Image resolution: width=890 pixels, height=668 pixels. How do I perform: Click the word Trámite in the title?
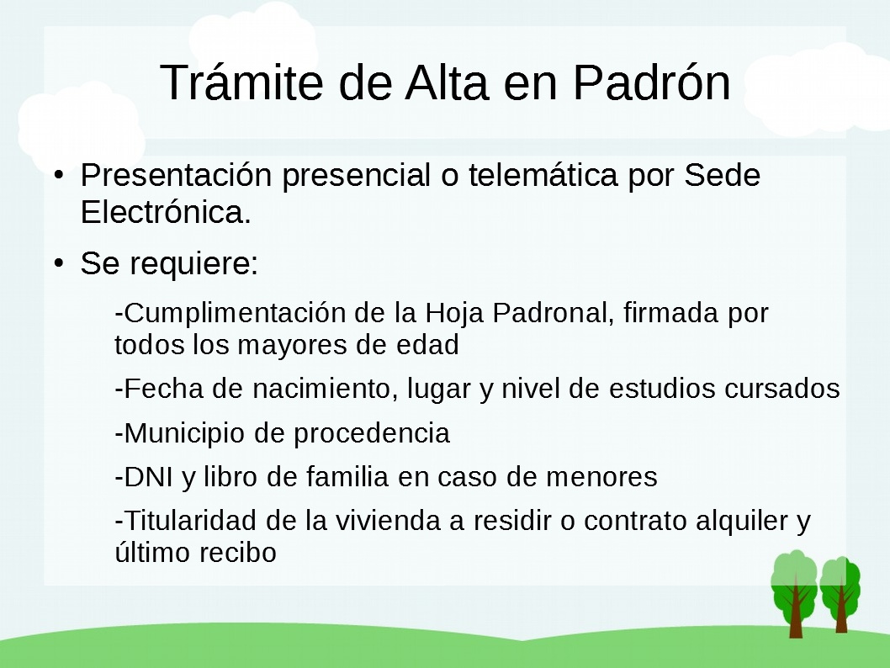[241, 82]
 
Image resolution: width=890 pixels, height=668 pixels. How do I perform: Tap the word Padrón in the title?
[652, 82]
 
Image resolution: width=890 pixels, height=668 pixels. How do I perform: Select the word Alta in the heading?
[446, 82]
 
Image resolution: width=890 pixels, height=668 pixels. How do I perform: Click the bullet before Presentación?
[58, 174]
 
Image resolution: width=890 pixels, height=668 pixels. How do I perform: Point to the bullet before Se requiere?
[58, 262]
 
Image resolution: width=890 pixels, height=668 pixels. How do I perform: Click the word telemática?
[543, 174]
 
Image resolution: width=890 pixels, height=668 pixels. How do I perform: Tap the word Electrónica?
[165, 212]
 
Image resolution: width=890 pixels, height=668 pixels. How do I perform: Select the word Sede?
[722, 174]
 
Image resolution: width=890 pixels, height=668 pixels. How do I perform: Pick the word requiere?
[193, 263]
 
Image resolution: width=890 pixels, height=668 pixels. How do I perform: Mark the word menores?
[601, 477]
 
